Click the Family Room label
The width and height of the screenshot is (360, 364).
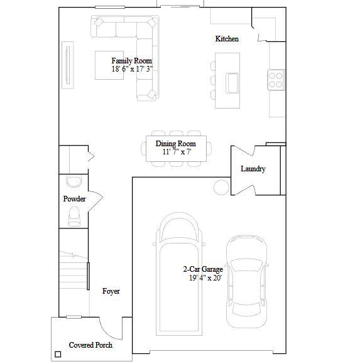132,61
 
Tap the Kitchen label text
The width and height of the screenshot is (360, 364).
227,39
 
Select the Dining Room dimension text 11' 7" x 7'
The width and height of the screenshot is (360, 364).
176,152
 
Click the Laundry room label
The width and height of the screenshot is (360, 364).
253,169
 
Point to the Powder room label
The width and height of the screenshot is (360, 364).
74,199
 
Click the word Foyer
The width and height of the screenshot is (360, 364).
111,291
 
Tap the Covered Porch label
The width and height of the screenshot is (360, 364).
90,345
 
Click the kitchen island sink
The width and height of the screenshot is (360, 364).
232,82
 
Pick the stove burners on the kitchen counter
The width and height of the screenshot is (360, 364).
275,79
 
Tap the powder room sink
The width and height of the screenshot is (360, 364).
74,181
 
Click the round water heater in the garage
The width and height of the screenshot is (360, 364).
221,187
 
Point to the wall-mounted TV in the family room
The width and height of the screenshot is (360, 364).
68,62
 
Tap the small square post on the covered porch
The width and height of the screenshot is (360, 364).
58,355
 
